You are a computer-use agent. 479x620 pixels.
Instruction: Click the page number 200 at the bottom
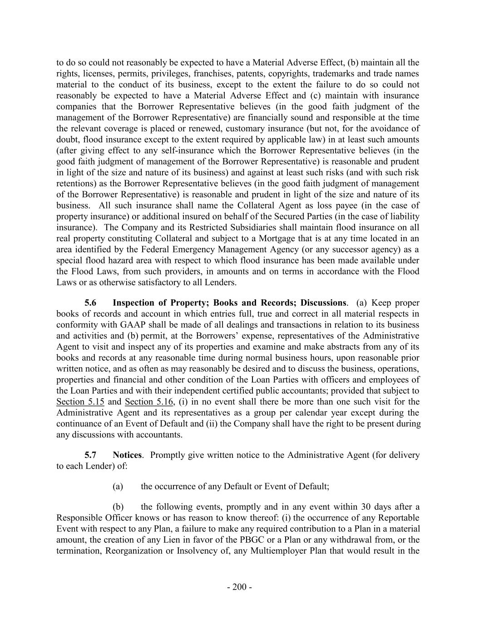(239, 587)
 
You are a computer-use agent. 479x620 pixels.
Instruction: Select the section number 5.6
(90, 303)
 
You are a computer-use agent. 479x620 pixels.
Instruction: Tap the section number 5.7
(90, 455)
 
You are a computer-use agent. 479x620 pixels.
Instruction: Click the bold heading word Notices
(127, 455)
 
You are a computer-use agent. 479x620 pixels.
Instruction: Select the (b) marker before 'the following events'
(118, 507)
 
